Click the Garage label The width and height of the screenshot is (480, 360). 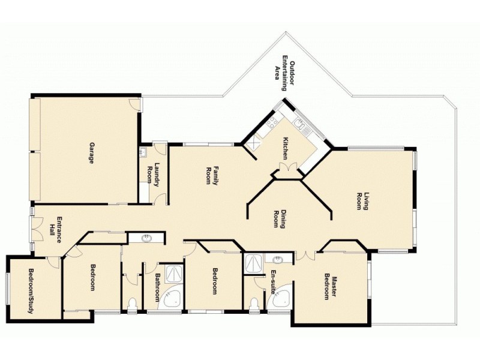pyautogui.click(x=92, y=154)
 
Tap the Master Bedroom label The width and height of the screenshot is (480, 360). pyautogui.click(x=331, y=286)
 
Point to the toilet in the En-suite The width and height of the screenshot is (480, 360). pyautogui.click(x=254, y=303)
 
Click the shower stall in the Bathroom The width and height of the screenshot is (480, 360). pyautogui.click(x=175, y=273)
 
